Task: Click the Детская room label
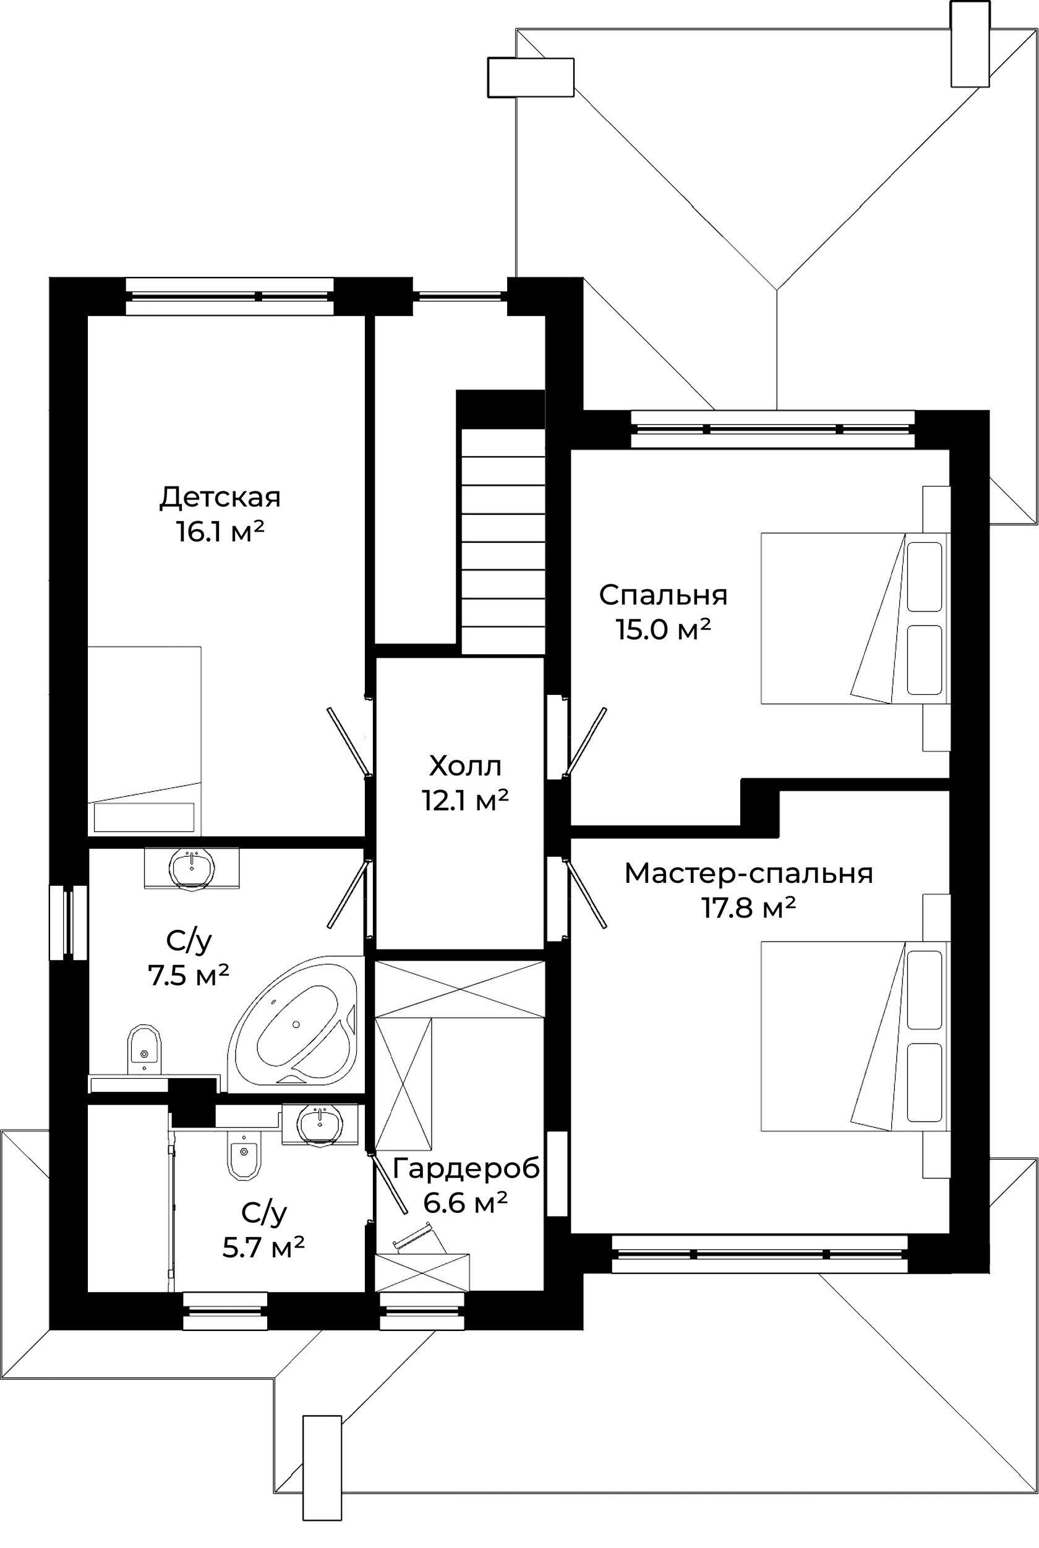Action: point(220,498)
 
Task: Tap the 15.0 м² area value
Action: point(663,629)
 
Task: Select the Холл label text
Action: point(465,767)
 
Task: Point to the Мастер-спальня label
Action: point(749,874)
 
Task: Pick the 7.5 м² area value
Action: point(189,975)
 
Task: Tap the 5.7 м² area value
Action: point(263,1248)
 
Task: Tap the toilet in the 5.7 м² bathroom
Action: point(244,1153)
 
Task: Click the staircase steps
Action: point(503,541)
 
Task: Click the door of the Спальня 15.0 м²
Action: point(585,741)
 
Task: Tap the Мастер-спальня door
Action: point(584,891)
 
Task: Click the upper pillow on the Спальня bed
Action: point(925,577)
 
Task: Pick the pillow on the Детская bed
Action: point(143,817)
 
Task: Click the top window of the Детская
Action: point(229,296)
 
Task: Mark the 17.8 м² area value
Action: point(749,908)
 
